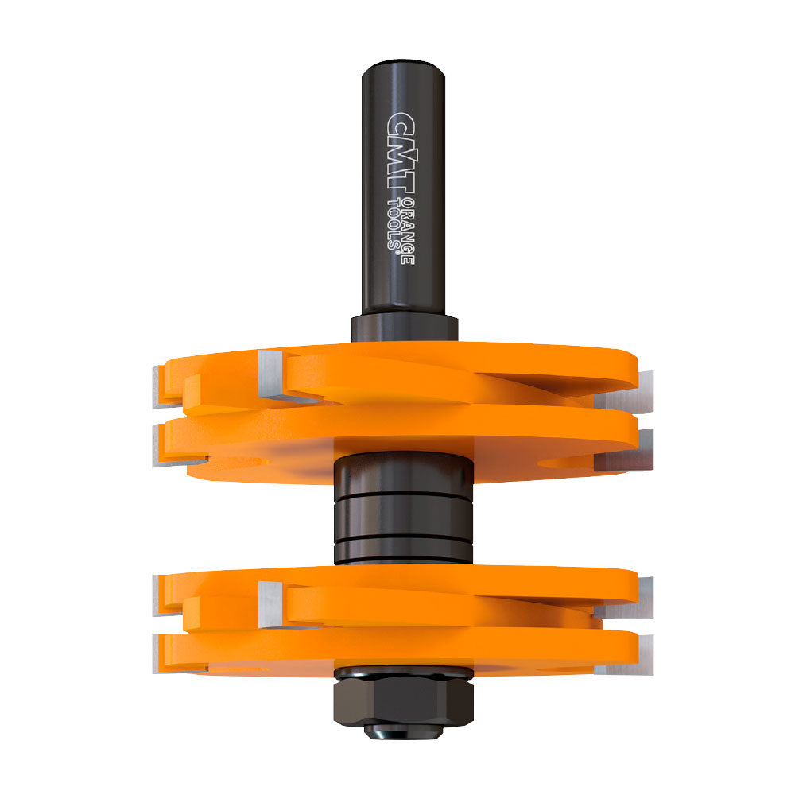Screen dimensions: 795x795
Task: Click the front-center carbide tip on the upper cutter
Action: click(x=270, y=373)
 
